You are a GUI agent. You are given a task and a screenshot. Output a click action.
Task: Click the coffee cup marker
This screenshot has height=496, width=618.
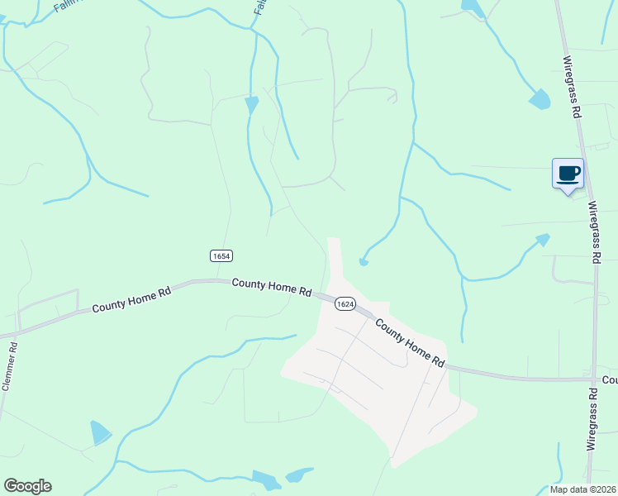(x=568, y=174)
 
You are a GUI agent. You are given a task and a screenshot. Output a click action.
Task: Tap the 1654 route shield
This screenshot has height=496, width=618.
(x=221, y=256)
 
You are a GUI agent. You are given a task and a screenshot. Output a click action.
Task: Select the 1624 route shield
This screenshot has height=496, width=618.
(x=345, y=304)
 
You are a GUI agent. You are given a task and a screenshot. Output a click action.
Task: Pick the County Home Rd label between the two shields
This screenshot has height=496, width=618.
(x=271, y=287)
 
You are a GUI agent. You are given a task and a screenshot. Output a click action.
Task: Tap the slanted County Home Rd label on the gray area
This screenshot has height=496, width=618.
(x=410, y=344)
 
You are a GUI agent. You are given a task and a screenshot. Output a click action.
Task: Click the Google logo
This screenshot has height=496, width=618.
(x=27, y=486)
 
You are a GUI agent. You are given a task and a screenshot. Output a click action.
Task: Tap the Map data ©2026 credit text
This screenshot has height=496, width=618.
(x=583, y=489)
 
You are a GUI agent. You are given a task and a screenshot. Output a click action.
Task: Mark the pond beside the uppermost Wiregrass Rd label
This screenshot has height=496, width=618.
(x=540, y=100)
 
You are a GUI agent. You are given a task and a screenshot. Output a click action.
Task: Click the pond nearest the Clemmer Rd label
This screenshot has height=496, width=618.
(x=100, y=432)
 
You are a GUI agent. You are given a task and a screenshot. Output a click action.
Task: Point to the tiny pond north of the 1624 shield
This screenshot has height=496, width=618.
(x=364, y=262)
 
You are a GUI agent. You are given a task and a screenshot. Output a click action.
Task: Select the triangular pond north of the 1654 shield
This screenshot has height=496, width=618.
(x=252, y=104)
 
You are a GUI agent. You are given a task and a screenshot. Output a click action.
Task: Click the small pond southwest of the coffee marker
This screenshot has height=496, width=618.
(x=543, y=240)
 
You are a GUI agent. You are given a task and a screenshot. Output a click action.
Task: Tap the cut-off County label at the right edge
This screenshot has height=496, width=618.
(x=610, y=380)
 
